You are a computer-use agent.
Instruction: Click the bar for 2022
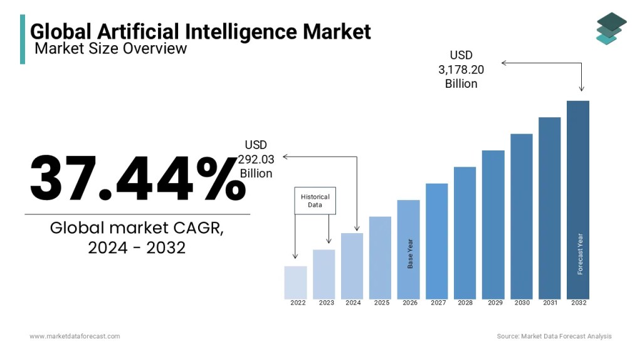coord(295,283)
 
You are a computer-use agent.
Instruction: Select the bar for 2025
coord(380,258)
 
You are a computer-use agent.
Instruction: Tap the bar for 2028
coord(465,233)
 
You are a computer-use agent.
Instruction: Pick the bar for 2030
coord(521,216)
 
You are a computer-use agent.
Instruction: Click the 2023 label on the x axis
coord(326,303)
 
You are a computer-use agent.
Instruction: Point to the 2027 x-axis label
coord(438,303)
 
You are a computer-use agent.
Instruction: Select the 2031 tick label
coord(550,303)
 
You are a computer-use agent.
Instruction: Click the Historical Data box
coord(315,201)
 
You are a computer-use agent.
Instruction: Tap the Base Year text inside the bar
coord(411,253)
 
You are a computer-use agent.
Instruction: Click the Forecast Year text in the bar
coord(580,254)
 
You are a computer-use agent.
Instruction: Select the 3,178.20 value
coord(461,70)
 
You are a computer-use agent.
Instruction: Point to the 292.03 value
coord(256,159)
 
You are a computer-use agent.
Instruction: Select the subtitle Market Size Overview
coord(111,48)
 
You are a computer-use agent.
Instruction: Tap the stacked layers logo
coord(611,29)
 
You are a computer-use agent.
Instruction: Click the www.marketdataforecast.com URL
coord(75,337)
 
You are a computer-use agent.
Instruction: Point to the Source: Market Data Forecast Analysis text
coord(554,337)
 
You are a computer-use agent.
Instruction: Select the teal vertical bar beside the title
coord(23,39)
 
